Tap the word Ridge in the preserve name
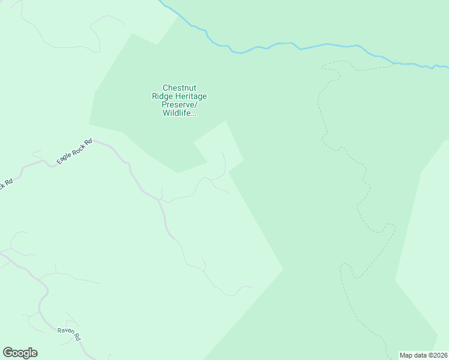[x=163, y=96]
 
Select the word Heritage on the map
[x=192, y=96]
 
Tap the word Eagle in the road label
[x=64, y=158]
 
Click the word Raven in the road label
[x=65, y=331]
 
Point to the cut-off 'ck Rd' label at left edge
[x=5, y=184]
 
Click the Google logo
[x=20, y=353]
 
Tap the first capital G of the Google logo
[x=8, y=353]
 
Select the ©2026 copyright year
[x=438, y=355]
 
